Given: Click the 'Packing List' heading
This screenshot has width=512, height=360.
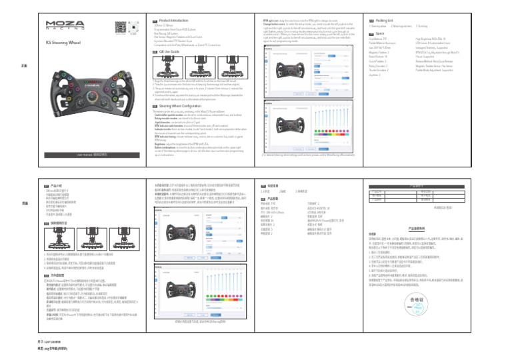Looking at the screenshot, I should point(389,21).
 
